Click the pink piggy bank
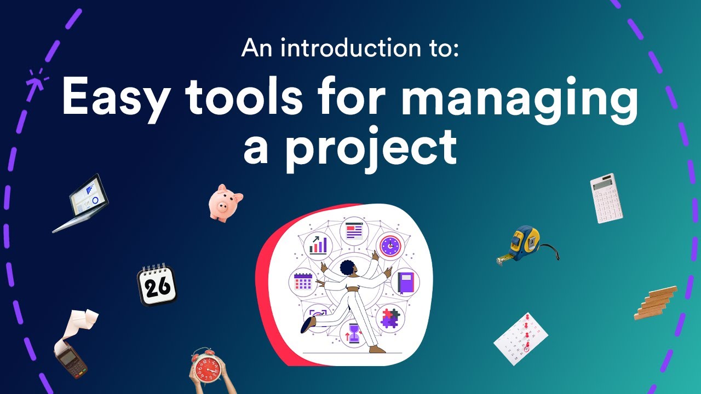click(225, 202)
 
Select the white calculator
click(606, 198)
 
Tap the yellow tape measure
click(525, 244)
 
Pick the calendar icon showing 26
click(157, 285)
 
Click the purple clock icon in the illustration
click(390, 246)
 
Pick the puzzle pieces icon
click(390, 317)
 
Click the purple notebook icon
click(406, 282)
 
